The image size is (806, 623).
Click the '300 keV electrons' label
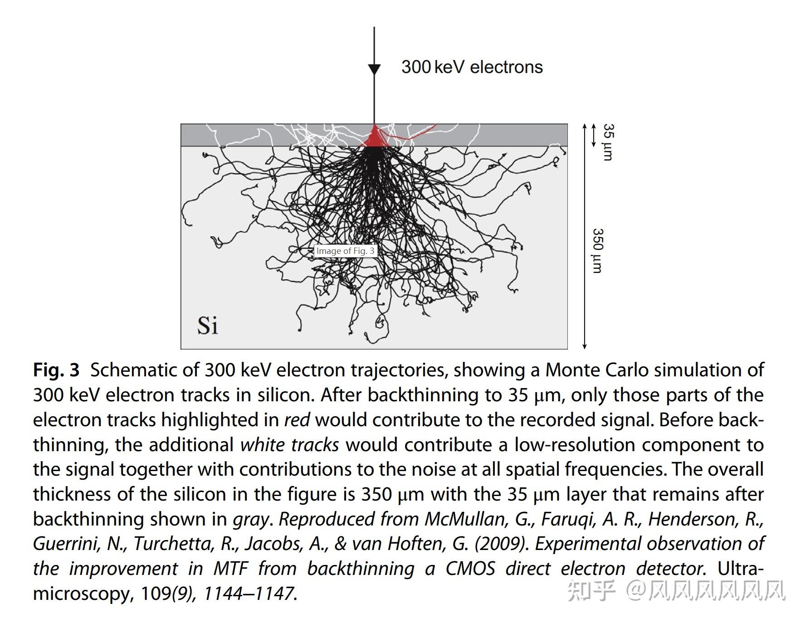point(472,67)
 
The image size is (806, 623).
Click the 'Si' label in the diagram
point(207,326)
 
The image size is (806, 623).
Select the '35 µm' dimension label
point(608,142)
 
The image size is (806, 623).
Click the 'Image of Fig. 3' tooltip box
point(345,251)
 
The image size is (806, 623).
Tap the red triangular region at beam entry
point(375,138)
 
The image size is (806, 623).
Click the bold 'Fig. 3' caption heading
point(56,370)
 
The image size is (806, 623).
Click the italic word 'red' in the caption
point(297,420)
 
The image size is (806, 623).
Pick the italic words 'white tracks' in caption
point(289,445)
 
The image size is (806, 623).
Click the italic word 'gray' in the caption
point(251,519)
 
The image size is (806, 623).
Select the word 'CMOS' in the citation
point(470,569)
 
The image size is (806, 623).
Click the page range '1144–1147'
point(248,594)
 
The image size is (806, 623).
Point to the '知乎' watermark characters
point(591,590)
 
